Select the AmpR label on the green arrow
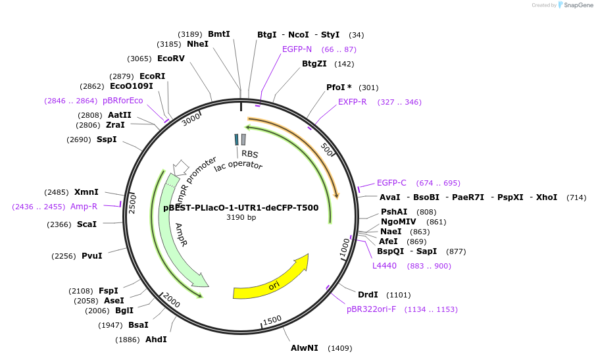tap(180, 234)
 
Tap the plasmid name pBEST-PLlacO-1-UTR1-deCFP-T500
tap(241, 208)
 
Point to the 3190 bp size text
tap(241, 217)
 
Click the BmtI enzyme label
tap(218, 34)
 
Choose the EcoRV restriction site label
tap(170, 59)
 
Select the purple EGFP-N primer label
tap(297, 49)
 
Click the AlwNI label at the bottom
tap(305, 347)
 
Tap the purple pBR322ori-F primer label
tap(371, 309)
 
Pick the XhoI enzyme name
tap(546, 197)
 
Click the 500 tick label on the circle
tap(328, 149)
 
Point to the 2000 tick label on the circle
tap(171, 301)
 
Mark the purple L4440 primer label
tap(384, 266)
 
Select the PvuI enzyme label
tap(91, 256)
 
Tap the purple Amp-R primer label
tap(84, 207)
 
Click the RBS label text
tap(249, 154)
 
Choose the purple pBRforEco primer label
tap(122, 101)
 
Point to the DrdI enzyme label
tap(368, 295)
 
